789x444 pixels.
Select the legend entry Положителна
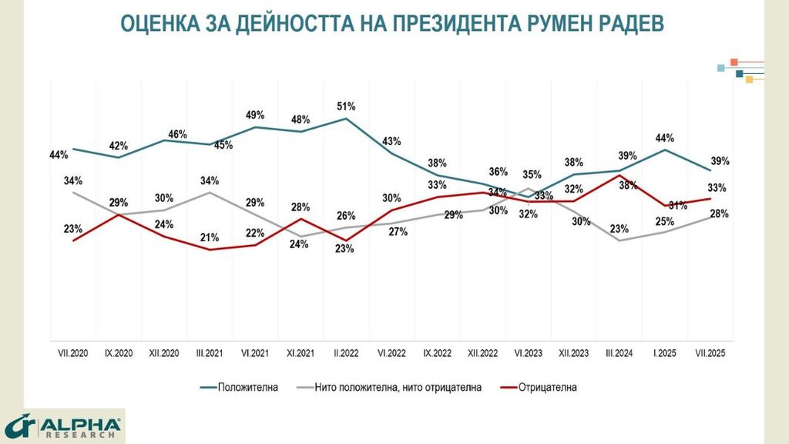[247, 387]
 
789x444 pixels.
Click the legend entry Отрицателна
[548, 387]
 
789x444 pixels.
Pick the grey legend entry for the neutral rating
[398, 387]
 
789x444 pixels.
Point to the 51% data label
[346, 106]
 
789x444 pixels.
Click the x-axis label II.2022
[346, 353]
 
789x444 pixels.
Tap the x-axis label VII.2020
[74, 353]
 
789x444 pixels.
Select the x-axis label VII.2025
[710, 353]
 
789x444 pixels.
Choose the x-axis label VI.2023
[528, 353]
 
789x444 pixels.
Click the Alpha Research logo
[63, 426]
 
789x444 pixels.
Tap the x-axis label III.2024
[619, 353]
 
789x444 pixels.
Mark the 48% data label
[300, 119]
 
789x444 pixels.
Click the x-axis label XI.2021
[300, 353]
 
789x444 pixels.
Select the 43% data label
[391, 141]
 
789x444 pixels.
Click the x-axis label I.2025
[664, 353]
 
